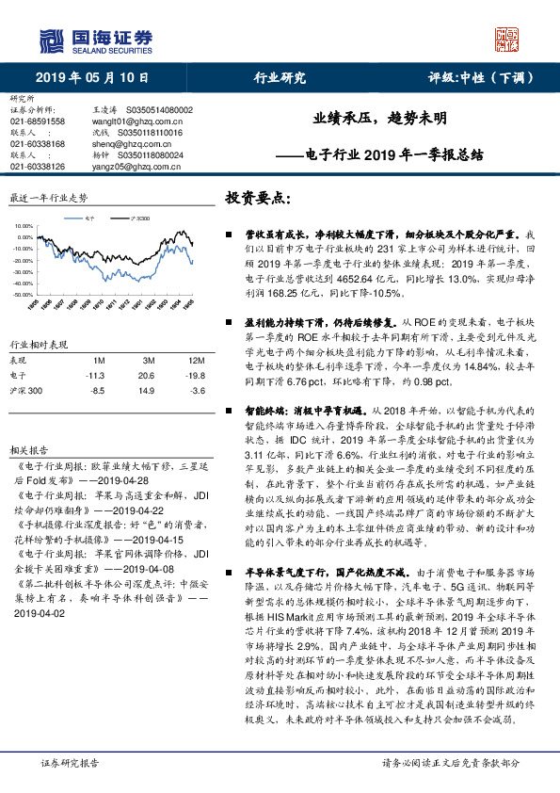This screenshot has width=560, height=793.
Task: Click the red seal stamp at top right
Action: click(x=507, y=40)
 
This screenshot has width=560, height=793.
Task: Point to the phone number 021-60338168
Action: click(x=38, y=143)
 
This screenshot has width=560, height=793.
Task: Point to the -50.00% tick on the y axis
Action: click(x=24, y=295)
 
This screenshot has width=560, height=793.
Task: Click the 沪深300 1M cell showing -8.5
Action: click(x=95, y=389)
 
